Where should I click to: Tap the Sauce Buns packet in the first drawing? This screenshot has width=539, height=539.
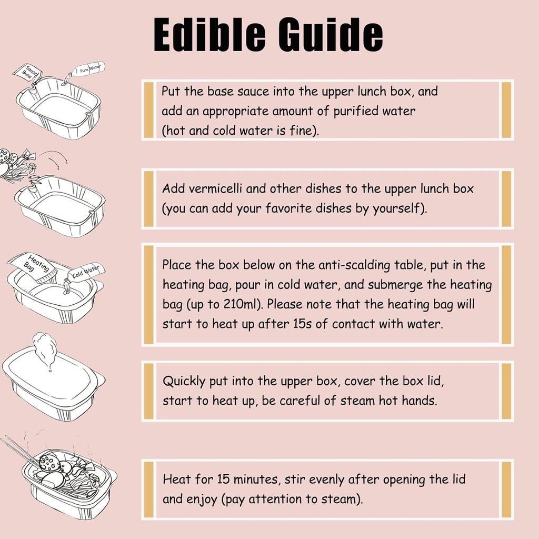pos(26,73)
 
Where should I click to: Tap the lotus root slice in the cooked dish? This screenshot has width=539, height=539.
pos(48,462)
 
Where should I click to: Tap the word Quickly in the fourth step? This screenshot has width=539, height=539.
pos(184,381)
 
